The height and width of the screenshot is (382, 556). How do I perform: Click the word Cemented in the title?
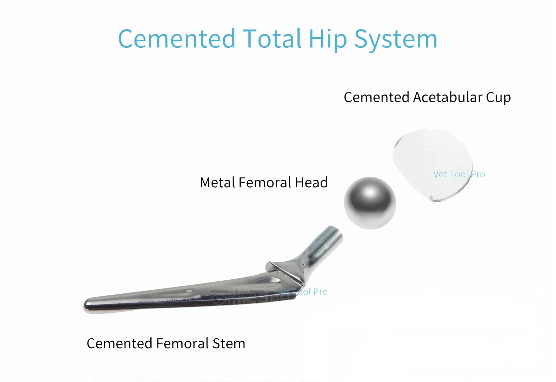[176, 39]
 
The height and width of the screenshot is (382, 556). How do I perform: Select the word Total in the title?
[272, 39]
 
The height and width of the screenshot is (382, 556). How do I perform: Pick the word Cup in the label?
[498, 98]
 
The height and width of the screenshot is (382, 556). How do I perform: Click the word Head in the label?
[311, 182]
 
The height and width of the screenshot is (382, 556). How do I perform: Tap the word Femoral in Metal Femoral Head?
[265, 182]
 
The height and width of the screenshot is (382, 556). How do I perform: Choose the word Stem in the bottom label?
[229, 343]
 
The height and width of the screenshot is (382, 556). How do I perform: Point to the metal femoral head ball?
[370, 203]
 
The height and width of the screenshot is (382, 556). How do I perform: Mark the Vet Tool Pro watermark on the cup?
[459, 174]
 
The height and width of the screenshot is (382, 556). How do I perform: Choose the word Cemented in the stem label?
[119, 343]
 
